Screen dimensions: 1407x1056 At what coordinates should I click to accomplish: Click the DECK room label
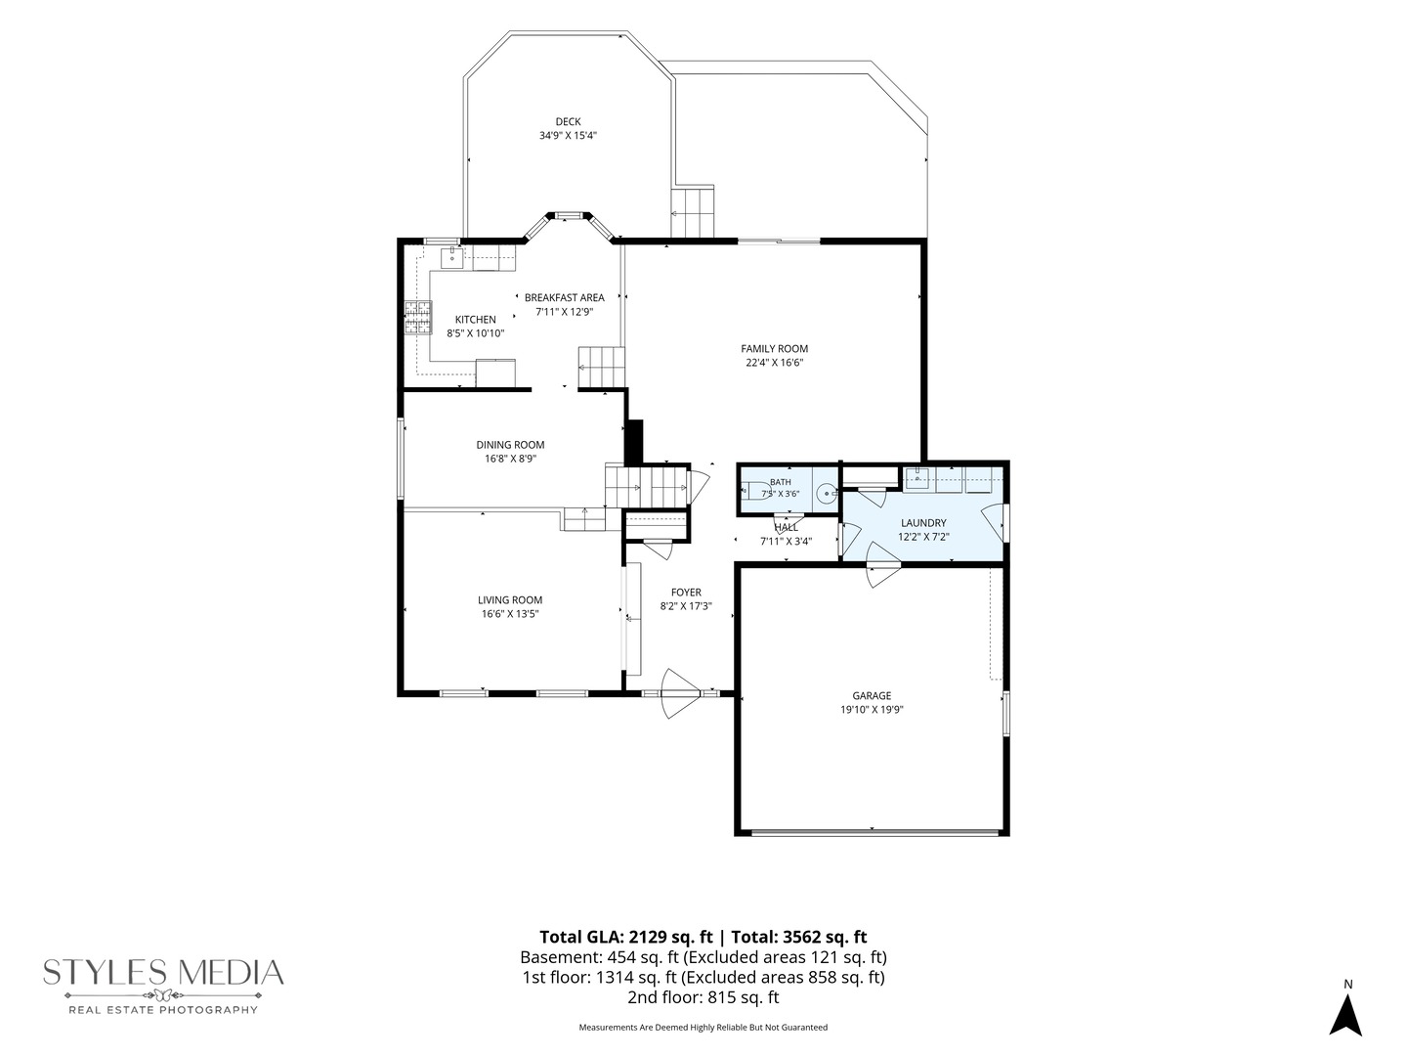point(568,122)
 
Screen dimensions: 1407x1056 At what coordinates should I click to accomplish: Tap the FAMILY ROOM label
point(774,349)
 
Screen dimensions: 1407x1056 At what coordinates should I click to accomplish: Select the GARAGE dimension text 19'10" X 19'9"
point(872,710)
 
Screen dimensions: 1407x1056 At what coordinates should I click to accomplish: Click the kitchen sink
point(452,257)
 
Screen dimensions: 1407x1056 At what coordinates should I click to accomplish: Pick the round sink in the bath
point(827,493)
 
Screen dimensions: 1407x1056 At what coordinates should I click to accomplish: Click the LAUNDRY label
point(923,523)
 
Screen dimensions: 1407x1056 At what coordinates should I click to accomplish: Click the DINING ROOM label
point(510,445)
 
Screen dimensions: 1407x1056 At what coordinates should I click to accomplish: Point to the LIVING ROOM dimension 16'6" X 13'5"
point(510,614)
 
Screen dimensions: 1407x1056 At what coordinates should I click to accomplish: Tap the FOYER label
point(686,593)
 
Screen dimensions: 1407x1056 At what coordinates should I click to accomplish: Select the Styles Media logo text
point(163,974)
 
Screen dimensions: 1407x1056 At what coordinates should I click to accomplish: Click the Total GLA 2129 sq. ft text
point(626,938)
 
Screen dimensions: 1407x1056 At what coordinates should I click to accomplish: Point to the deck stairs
point(693,211)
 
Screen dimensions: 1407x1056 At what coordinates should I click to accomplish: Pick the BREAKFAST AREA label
point(564,297)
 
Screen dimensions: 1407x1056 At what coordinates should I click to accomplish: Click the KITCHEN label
point(476,320)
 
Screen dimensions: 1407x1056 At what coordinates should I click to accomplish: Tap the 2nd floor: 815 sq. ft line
point(703,997)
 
